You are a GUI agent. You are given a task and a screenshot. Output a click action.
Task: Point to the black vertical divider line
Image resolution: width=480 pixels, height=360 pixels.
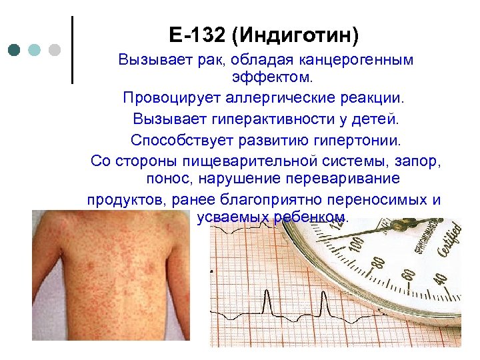pos(72,50)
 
